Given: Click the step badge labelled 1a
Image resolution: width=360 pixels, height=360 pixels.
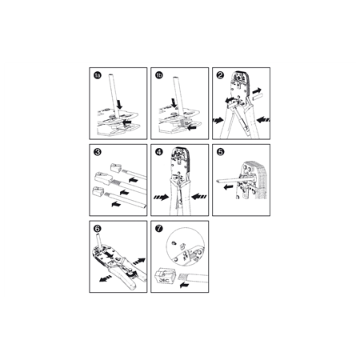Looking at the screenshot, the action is pos(98,76).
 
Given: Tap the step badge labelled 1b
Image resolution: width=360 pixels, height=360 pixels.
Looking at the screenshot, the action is pos(159,76).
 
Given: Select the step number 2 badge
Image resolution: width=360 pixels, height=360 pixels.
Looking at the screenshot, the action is pos(220,75).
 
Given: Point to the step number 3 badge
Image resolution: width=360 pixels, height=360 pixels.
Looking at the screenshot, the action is pos(98,152).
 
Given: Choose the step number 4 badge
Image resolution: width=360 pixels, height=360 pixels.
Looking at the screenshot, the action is pos(159,152).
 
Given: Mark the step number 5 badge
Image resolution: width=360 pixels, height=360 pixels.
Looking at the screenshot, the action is pos(221,152).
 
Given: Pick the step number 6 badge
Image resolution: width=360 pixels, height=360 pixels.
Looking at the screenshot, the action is pos(98,229).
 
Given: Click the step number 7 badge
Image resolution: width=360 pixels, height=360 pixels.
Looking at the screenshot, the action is pos(159,229).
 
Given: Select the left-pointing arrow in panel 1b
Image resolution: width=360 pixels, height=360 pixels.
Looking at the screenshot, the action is pos(192,128).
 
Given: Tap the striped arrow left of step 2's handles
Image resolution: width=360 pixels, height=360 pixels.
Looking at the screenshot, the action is pos(218,121).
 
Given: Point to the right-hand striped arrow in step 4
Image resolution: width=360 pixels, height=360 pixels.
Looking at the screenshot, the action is pos(199,197).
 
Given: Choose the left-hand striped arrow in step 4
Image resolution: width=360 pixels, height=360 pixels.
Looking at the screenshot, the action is pos(162,198).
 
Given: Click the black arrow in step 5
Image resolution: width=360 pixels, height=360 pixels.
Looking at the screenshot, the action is pos(228,187).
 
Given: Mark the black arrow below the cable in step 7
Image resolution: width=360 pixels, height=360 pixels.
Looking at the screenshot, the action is pos(184,285).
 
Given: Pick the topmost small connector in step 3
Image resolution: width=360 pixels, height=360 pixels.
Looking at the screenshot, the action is pos(116,168).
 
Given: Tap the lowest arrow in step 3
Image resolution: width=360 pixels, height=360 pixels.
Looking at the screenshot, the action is pos(116,204).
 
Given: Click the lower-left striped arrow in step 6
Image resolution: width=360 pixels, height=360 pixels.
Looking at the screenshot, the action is pos(106,278).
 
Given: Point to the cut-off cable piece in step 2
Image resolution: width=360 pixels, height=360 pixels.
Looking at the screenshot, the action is pos(257,98).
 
